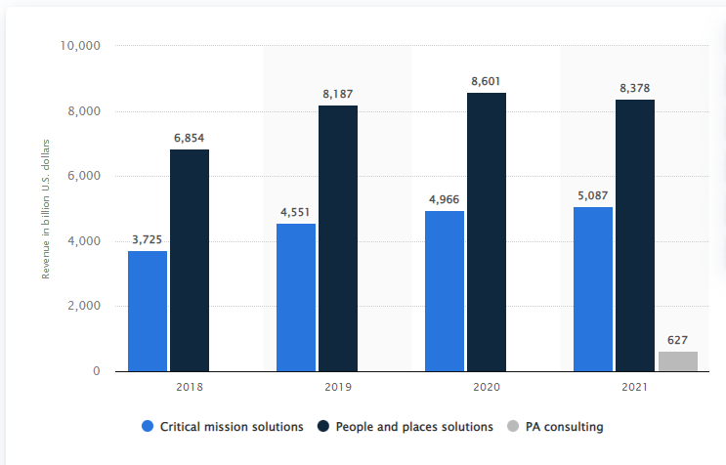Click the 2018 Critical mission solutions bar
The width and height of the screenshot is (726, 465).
pyautogui.click(x=147, y=311)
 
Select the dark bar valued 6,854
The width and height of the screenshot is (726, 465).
pyautogui.click(x=190, y=260)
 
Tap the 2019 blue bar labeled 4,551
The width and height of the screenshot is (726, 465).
pyautogui.click(x=296, y=297)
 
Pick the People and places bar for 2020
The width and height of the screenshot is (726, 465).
pyautogui.click(x=487, y=232)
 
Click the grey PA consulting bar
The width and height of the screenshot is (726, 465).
pyautogui.click(x=678, y=361)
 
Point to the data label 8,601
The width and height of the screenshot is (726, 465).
pyautogui.click(x=487, y=81)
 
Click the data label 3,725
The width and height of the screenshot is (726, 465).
pyautogui.click(x=147, y=239)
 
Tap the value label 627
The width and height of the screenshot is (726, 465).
pyautogui.click(x=678, y=340)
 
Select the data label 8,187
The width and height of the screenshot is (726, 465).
pyautogui.click(x=338, y=94)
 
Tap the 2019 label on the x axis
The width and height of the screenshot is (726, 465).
pyautogui.click(x=338, y=388)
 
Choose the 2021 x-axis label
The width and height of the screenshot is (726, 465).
pyautogui.click(x=635, y=388)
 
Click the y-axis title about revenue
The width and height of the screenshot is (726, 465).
pyautogui.click(x=45, y=208)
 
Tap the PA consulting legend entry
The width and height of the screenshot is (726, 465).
pyautogui.click(x=562, y=426)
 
